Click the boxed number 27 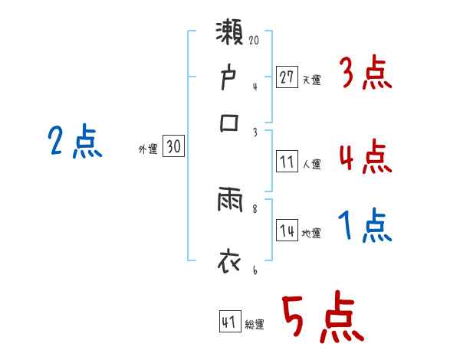[x=287, y=77]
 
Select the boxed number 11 [x=287, y=162]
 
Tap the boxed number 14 [x=287, y=231]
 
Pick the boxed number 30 [x=173, y=147]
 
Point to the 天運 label [x=311, y=79]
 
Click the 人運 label [x=311, y=164]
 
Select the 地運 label [x=311, y=234]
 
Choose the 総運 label [x=255, y=324]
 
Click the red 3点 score [x=365, y=76]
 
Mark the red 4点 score [x=365, y=156]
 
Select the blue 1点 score [x=365, y=226]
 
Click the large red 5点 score [x=321, y=319]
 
